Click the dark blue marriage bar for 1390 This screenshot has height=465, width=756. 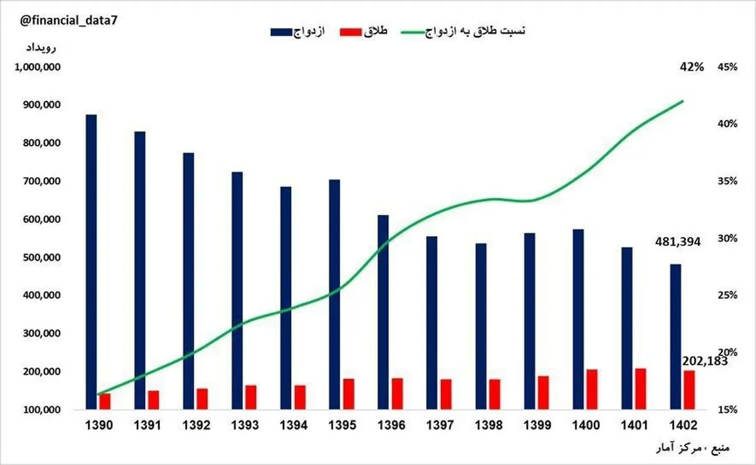pyautogui.click(x=91, y=261)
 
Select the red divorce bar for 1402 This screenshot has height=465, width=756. pyautogui.click(x=689, y=389)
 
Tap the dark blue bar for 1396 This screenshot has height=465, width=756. pyautogui.click(x=383, y=312)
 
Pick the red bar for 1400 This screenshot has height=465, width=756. pyautogui.click(x=592, y=389)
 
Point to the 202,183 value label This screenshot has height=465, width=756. pyautogui.click(x=705, y=361)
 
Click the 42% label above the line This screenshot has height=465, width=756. pyautogui.click(x=691, y=67)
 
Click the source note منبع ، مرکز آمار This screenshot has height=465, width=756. pyautogui.click(x=696, y=449)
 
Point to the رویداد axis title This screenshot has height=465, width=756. pyautogui.click(x=41, y=48)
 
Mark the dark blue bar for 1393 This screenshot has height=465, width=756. pyautogui.click(x=237, y=290)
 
